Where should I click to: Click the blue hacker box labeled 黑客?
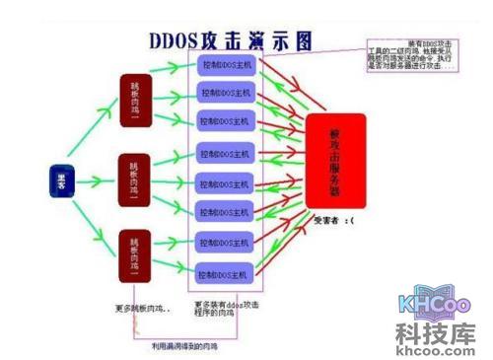click(x=59, y=180)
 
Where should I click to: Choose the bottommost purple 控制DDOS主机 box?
click(x=225, y=272)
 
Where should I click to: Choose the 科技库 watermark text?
click(x=437, y=327)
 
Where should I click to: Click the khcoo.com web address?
click(x=437, y=345)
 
